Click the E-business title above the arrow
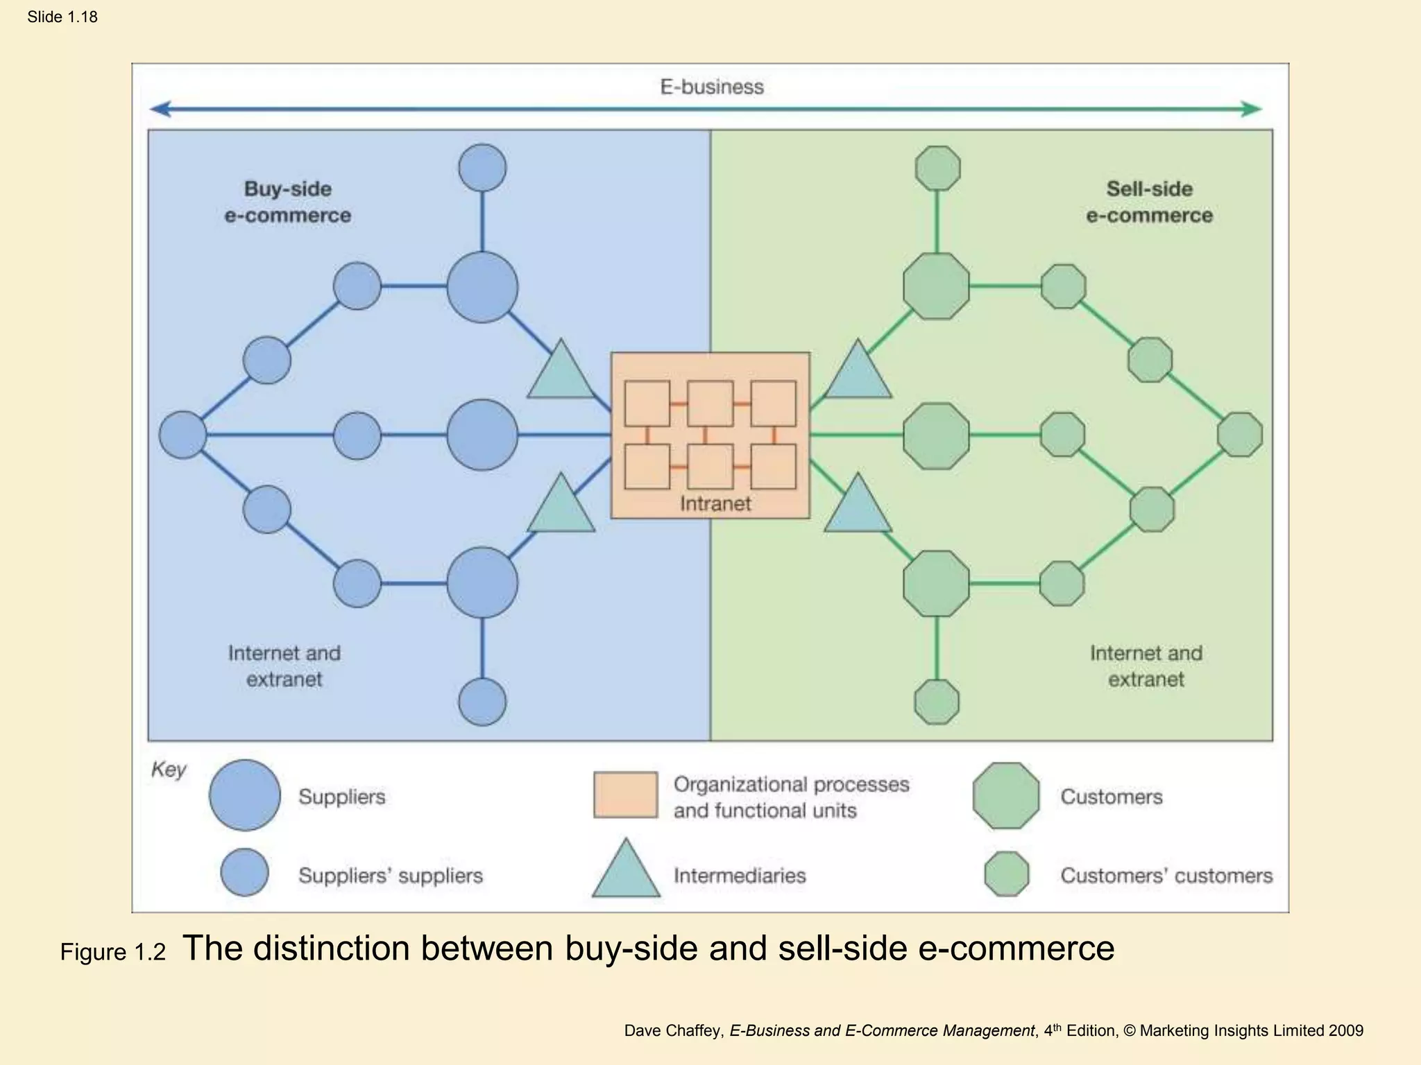711,87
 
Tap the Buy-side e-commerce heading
287,202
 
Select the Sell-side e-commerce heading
1149,202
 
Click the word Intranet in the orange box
715,503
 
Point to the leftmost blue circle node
182,435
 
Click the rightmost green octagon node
1240,435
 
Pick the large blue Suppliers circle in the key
244,795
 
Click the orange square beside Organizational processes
625,795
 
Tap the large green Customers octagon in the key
1006,795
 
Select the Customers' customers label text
1166,876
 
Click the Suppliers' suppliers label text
390,876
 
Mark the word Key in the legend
169,770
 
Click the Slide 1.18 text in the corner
62,17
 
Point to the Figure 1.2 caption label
113,952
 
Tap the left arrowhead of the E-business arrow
160,109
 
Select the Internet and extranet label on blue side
284,666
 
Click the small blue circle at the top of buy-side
482,168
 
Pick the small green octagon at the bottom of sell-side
937,702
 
